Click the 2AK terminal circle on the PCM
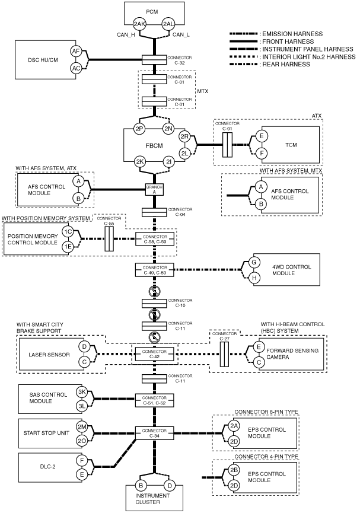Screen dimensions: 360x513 pos(140,24)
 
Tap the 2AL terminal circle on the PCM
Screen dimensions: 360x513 pos(169,24)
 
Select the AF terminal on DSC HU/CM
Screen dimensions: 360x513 pos(76,51)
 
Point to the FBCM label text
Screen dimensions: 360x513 pos(154,145)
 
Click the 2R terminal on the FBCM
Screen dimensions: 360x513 pos(184,137)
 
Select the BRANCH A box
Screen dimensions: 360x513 pos(154,189)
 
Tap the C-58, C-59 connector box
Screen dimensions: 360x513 pos(154,239)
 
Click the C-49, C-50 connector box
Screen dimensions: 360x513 pos(154,270)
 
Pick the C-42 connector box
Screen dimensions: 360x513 pos(154,353)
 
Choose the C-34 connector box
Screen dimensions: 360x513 pos(154,433)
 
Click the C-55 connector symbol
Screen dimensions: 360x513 pos(109,239)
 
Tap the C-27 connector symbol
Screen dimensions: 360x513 pos(224,354)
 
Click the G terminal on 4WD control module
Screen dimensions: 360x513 pos(254,262)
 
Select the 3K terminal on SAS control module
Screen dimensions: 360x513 pos(81,391)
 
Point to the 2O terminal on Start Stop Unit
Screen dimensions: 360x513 pos(81,441)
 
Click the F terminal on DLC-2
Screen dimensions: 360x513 pos(81,461)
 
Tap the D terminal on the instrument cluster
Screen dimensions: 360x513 pos(170,486)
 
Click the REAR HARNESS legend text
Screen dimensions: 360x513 pos(286,65)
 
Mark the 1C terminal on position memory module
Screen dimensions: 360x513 pos(68,232)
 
